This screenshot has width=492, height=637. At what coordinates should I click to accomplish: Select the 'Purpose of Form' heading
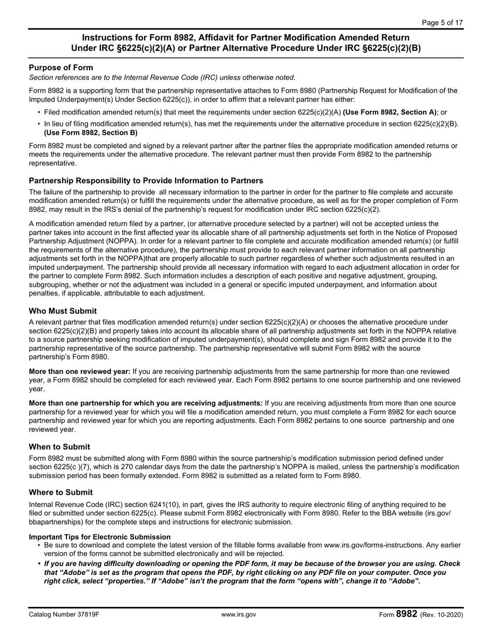pyautogui.click(x=61, y=67)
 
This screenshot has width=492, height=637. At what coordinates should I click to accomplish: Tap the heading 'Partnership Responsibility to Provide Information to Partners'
pyautogui.click(x=146, y=180)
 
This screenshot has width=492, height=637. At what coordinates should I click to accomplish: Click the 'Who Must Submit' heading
pyautogui.click(x=63, y=311)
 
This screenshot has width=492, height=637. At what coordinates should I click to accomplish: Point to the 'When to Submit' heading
pyautogui.click(x=60, y=446)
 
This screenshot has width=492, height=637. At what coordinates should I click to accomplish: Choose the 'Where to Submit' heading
pyautogui.click(x=61, y=492)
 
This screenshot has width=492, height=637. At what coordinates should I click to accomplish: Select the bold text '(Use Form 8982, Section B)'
pyautogui.click(x=91, y=133)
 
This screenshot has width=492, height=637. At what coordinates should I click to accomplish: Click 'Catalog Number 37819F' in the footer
pyautogui.click(x=64, y=615)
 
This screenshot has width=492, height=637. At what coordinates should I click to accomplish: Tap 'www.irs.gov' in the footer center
pyautogui.click(x=238, y=615)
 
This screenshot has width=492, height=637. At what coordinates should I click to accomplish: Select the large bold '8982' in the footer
pyautogui.click(x=407, y=614)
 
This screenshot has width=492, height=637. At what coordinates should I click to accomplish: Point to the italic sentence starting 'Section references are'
pyautogui.click(x=162, y=78)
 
